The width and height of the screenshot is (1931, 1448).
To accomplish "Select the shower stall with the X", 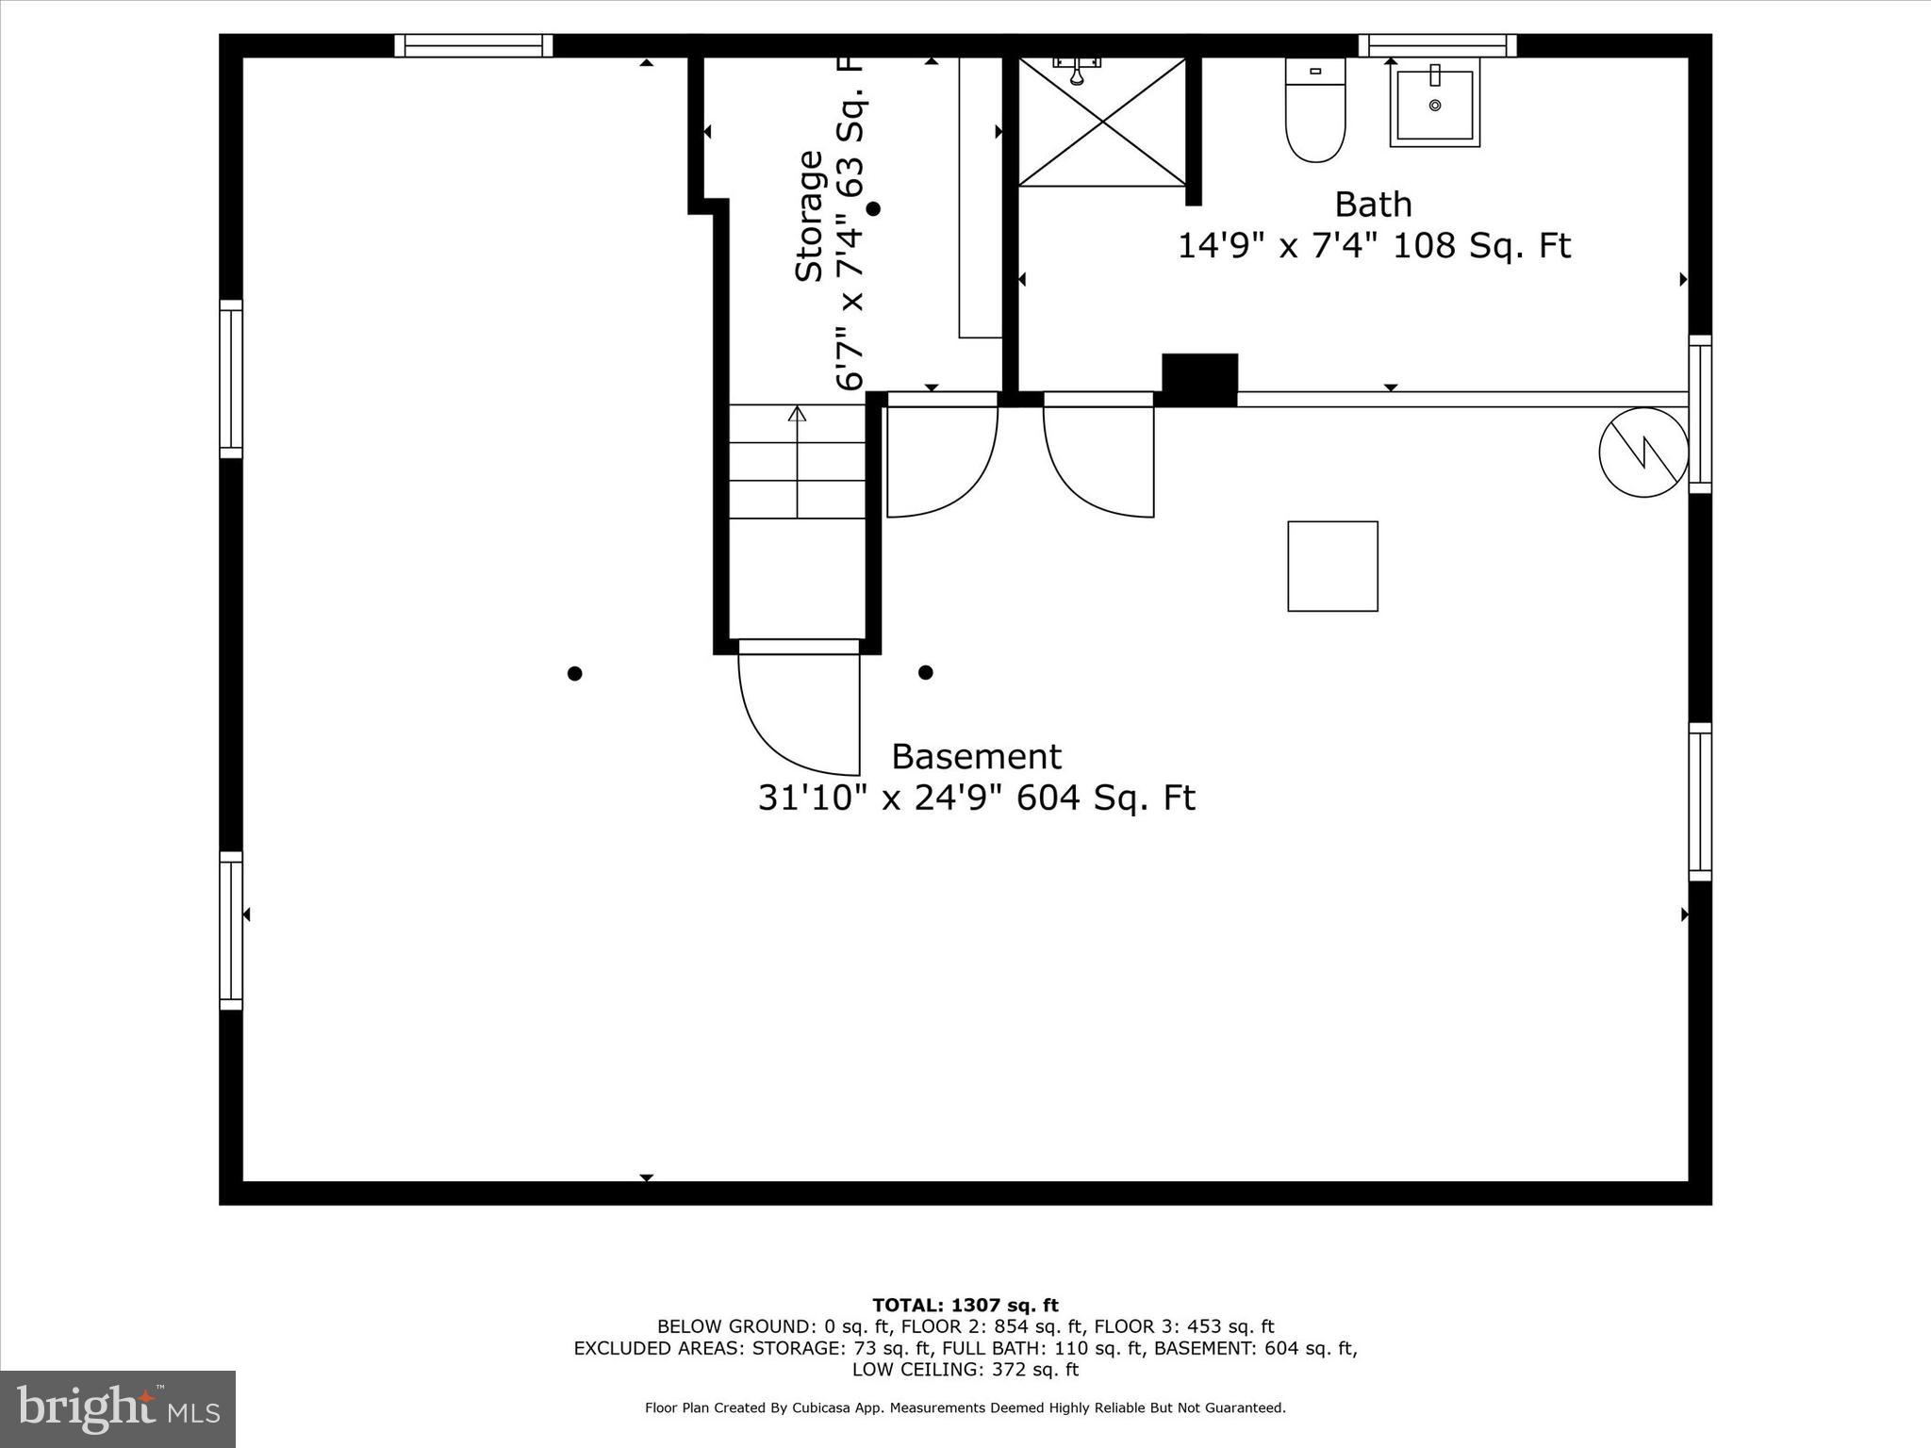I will click(1102, 122).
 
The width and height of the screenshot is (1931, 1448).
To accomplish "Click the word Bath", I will click(1373, 205).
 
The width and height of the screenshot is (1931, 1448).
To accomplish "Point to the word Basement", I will click(976, 757).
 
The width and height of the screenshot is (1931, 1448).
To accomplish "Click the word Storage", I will click(809, 216).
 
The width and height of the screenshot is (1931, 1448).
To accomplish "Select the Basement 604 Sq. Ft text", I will click(1106, 798).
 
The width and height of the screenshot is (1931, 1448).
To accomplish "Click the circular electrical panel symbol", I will click(1643, 452).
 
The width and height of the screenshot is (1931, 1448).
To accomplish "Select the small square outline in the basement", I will click(1332, 567).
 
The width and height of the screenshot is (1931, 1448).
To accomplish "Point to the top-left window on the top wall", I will click(473, 45).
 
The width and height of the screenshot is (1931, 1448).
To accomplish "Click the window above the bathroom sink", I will click(1437, 45).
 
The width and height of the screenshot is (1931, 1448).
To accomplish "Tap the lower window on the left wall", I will click(231, 930).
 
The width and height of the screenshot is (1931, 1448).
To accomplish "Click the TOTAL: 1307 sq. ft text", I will click(965, 1306).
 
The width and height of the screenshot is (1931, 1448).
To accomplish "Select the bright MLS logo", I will click(118, 1409).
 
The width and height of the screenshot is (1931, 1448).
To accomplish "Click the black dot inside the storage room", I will click(873, 208).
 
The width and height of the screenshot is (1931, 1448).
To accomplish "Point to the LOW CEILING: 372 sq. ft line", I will click(965, 1370).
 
